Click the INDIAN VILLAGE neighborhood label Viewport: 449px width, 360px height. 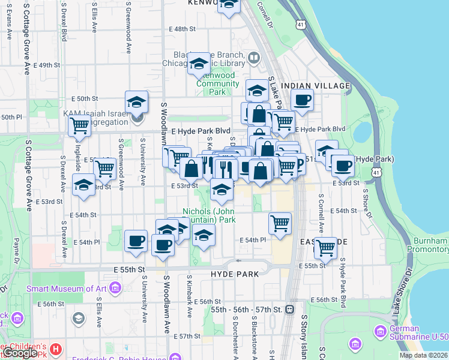click(x=315, y=86)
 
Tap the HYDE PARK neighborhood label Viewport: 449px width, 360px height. click(x=235, y=274)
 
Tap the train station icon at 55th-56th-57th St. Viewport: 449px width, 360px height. click(x=289, y=309)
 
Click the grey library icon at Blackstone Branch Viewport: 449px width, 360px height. click(x=253, y=58)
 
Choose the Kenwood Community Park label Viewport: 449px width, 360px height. click(x=217, y=84)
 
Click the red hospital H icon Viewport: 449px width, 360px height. click(x=56, y=348)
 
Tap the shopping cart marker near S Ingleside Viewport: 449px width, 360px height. click(x=78, y=126)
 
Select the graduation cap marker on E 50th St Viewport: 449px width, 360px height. click(x=136, y=101)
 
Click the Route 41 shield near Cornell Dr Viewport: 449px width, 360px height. click(x=299, y=24)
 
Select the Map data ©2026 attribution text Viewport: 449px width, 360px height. click(x=423, y=355)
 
